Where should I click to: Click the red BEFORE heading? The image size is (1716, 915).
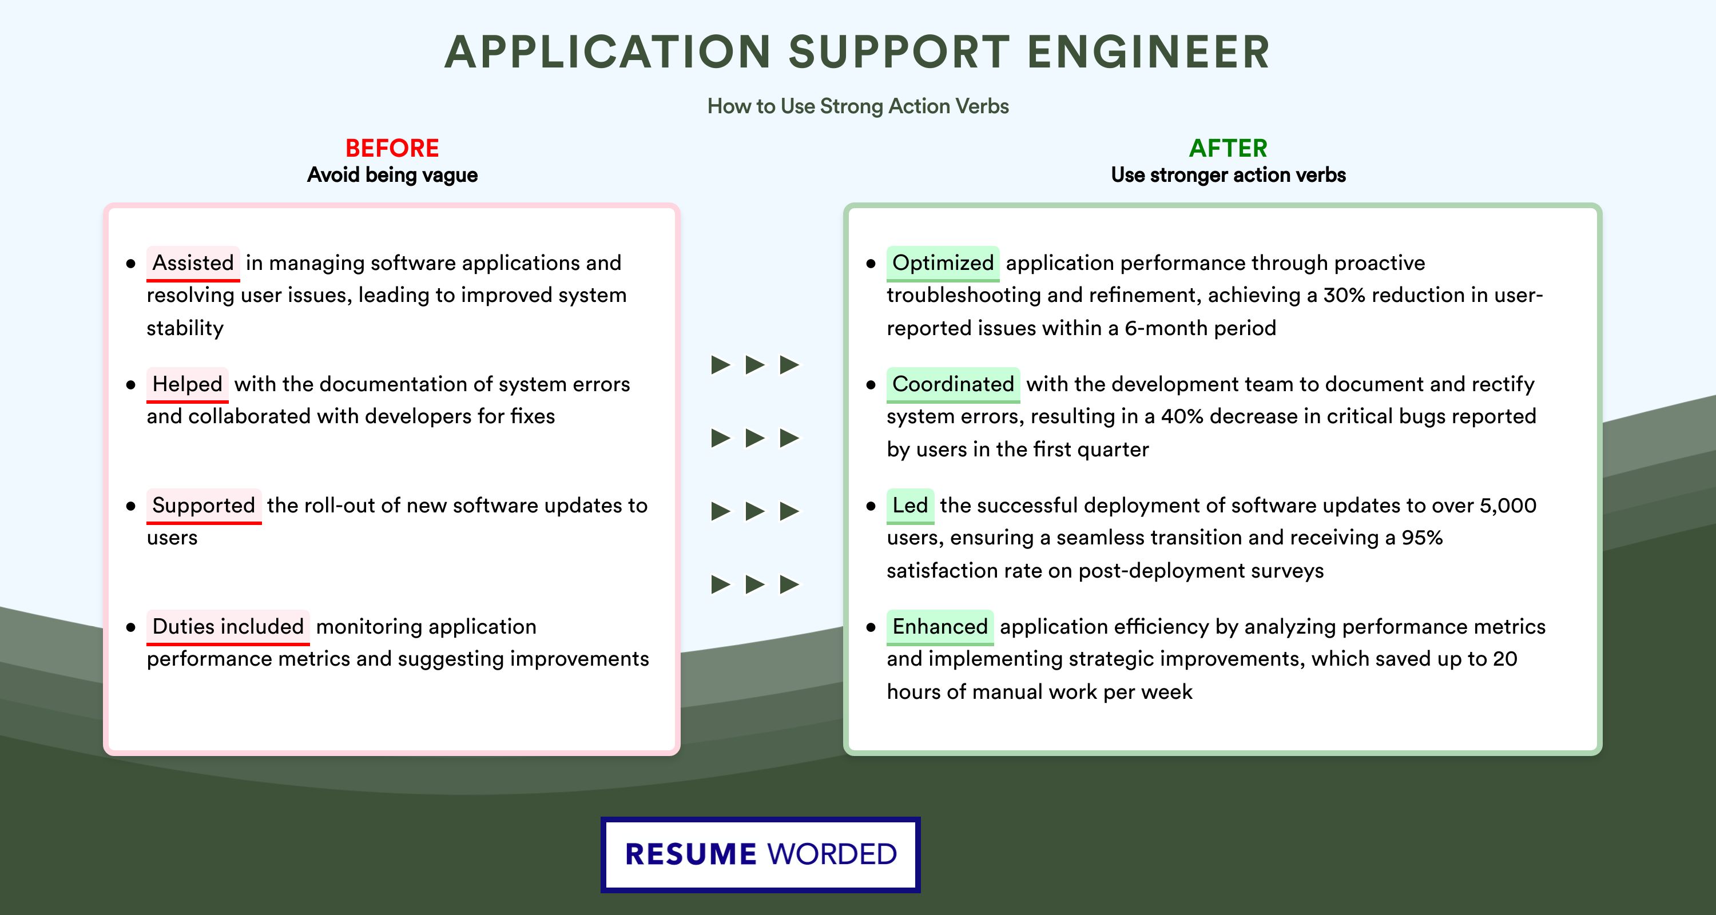point(392,148)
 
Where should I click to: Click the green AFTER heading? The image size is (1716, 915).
point(1228,148)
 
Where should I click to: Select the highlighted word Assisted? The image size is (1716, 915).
point(193,263)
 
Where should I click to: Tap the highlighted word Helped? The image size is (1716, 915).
point(187,384)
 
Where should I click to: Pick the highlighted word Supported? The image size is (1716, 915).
point(204,506)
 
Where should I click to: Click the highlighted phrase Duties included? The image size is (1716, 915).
point(228,627)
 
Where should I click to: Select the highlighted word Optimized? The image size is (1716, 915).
point(943,263)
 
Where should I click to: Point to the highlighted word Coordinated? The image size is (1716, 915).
point(952,384)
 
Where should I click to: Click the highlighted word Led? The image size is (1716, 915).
point(910,506)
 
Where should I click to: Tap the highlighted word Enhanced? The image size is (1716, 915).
point(940,627)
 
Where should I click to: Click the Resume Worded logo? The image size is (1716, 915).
point(761,854)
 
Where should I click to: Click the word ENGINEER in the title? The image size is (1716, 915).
point(1149,52)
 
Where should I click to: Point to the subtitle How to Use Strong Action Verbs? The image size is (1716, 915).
point(858,106)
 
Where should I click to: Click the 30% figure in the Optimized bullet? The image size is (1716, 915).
point(1344,295)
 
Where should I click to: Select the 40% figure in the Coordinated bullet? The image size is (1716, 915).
point(1182,416)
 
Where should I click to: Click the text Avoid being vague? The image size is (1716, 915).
point(392,175)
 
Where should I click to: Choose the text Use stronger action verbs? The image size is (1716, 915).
point(1228,175)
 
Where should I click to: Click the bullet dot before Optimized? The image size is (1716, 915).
point(871,264)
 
